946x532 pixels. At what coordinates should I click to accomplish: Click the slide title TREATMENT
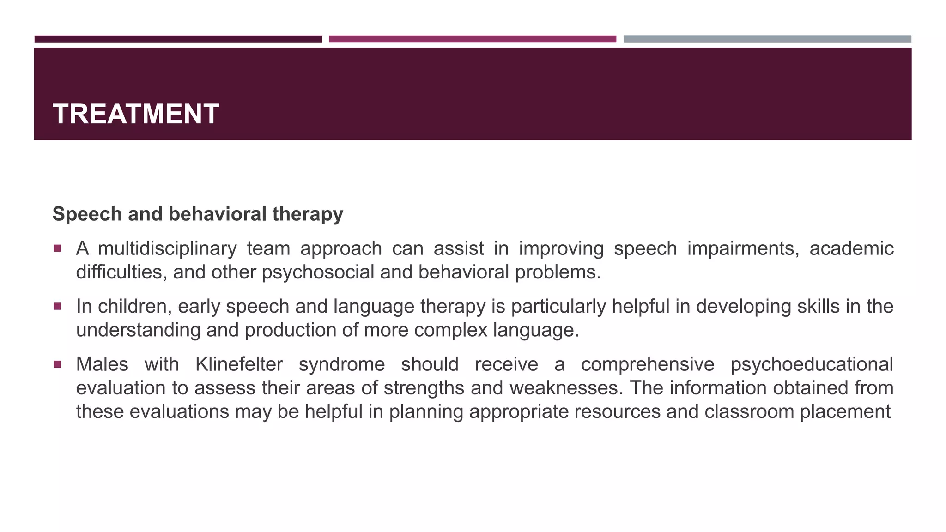[x=136, y=114]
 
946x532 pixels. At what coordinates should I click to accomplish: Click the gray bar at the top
[x=767, y=39]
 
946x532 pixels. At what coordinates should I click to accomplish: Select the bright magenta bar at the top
[x=472, y=39]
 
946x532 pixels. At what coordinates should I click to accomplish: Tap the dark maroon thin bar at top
[x=178, y=39]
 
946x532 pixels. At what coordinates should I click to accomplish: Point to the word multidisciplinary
[x=167, y=249]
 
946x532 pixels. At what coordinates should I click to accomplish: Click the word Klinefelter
[x=239, y=364]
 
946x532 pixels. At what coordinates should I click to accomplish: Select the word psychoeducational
[x=812, y=364]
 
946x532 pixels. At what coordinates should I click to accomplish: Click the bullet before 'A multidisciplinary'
[x=57, y=248]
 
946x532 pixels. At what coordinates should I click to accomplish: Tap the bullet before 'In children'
[x=57, y=306]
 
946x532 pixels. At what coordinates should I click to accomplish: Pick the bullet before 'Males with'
[x=57, y=364]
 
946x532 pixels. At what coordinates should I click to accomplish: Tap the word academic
[x=851, y=249]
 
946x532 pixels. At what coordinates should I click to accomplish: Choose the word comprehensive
[x=647, y=364]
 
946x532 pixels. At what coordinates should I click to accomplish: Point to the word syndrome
[x=341, y=364]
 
